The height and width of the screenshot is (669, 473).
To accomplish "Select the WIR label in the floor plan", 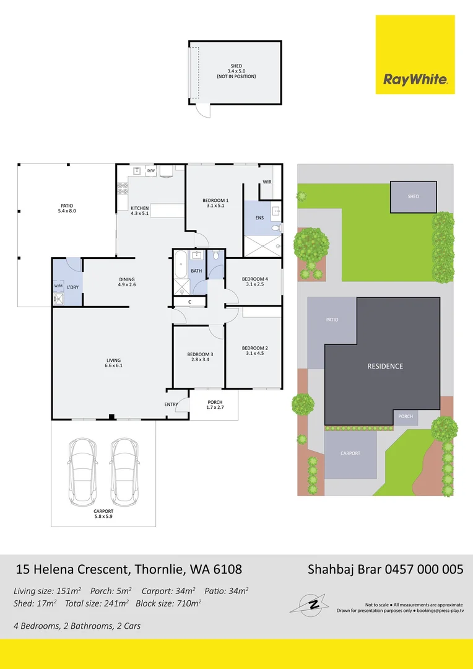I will pos(267,182).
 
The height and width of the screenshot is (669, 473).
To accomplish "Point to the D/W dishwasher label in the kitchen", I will pos(150,170).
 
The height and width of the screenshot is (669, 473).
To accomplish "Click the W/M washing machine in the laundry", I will pos(59,286).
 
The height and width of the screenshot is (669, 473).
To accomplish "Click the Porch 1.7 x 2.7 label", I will pos(215,405).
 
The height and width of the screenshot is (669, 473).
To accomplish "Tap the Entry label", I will pos(171,404).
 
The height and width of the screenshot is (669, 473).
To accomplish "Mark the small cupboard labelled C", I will pos(189,302).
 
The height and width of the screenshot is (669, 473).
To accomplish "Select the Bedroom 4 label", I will pos(254,282).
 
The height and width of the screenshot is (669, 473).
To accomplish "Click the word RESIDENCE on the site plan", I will pos(385,366).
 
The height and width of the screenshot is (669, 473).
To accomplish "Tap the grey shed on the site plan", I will pos(413,196).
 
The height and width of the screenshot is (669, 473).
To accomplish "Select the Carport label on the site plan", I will pos(350,453).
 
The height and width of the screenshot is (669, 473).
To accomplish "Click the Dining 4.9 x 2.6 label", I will pos(127,282).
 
